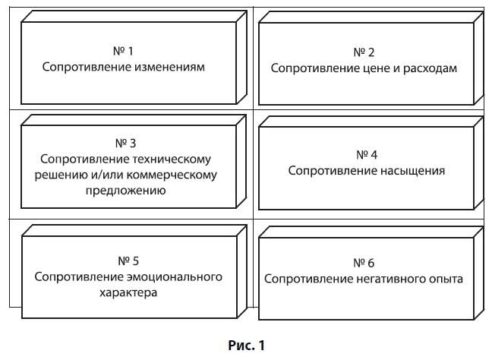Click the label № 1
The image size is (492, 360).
(123, 52)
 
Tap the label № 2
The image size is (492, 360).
(364, 52)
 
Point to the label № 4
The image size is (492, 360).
(364, 155)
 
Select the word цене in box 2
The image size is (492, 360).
(377, 68)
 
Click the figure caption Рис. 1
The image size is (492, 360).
(246, 346)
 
